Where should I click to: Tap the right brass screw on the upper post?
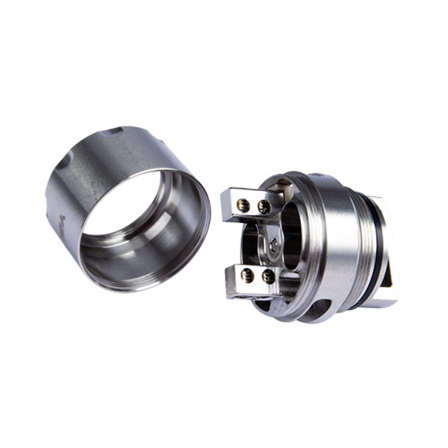pyautogui.click(x=264, y=205)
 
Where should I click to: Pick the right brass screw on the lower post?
pyautogui.click(x=267, y=277)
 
